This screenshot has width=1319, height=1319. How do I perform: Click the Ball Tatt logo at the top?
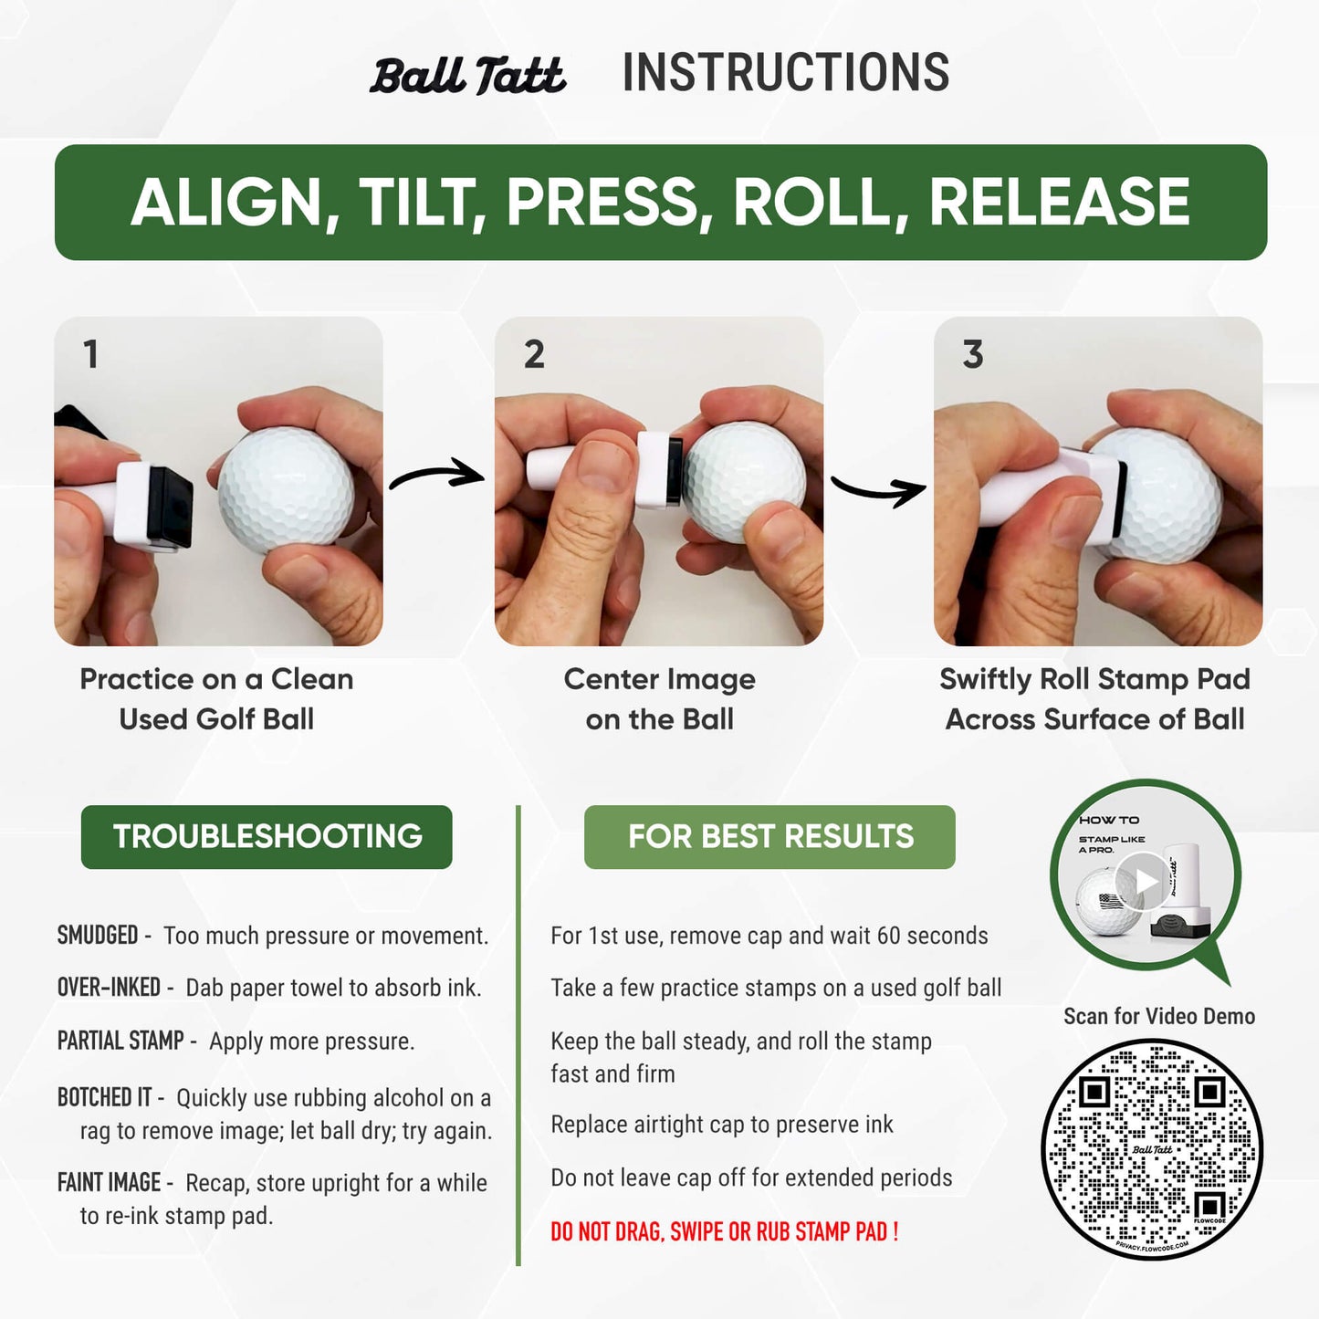coord(467,76)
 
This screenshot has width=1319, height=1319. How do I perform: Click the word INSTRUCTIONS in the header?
coord(785,73)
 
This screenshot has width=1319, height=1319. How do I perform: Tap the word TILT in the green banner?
coord(421,202)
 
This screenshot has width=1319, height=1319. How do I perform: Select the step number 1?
coord(90,354)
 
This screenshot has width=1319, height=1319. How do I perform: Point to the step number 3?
coord(973,354)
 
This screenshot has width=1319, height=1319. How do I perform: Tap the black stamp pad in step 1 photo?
coord(170,505)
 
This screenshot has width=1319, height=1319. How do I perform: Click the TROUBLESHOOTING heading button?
coord(267,836)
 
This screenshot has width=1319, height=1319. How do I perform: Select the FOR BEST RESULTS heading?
coord(769,836)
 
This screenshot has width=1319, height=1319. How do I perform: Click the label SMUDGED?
coord(98,936)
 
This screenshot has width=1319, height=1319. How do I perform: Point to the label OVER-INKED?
coord(109,988)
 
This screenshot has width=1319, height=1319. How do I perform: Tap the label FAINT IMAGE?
coord(109,1183)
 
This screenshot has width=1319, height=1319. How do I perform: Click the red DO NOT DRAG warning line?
coord(725,1232)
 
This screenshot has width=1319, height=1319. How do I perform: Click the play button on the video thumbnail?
coord(1145,881)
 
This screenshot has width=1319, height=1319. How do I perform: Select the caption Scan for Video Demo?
coord(1159,1016)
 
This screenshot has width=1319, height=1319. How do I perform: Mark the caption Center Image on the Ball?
coord(659,699)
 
